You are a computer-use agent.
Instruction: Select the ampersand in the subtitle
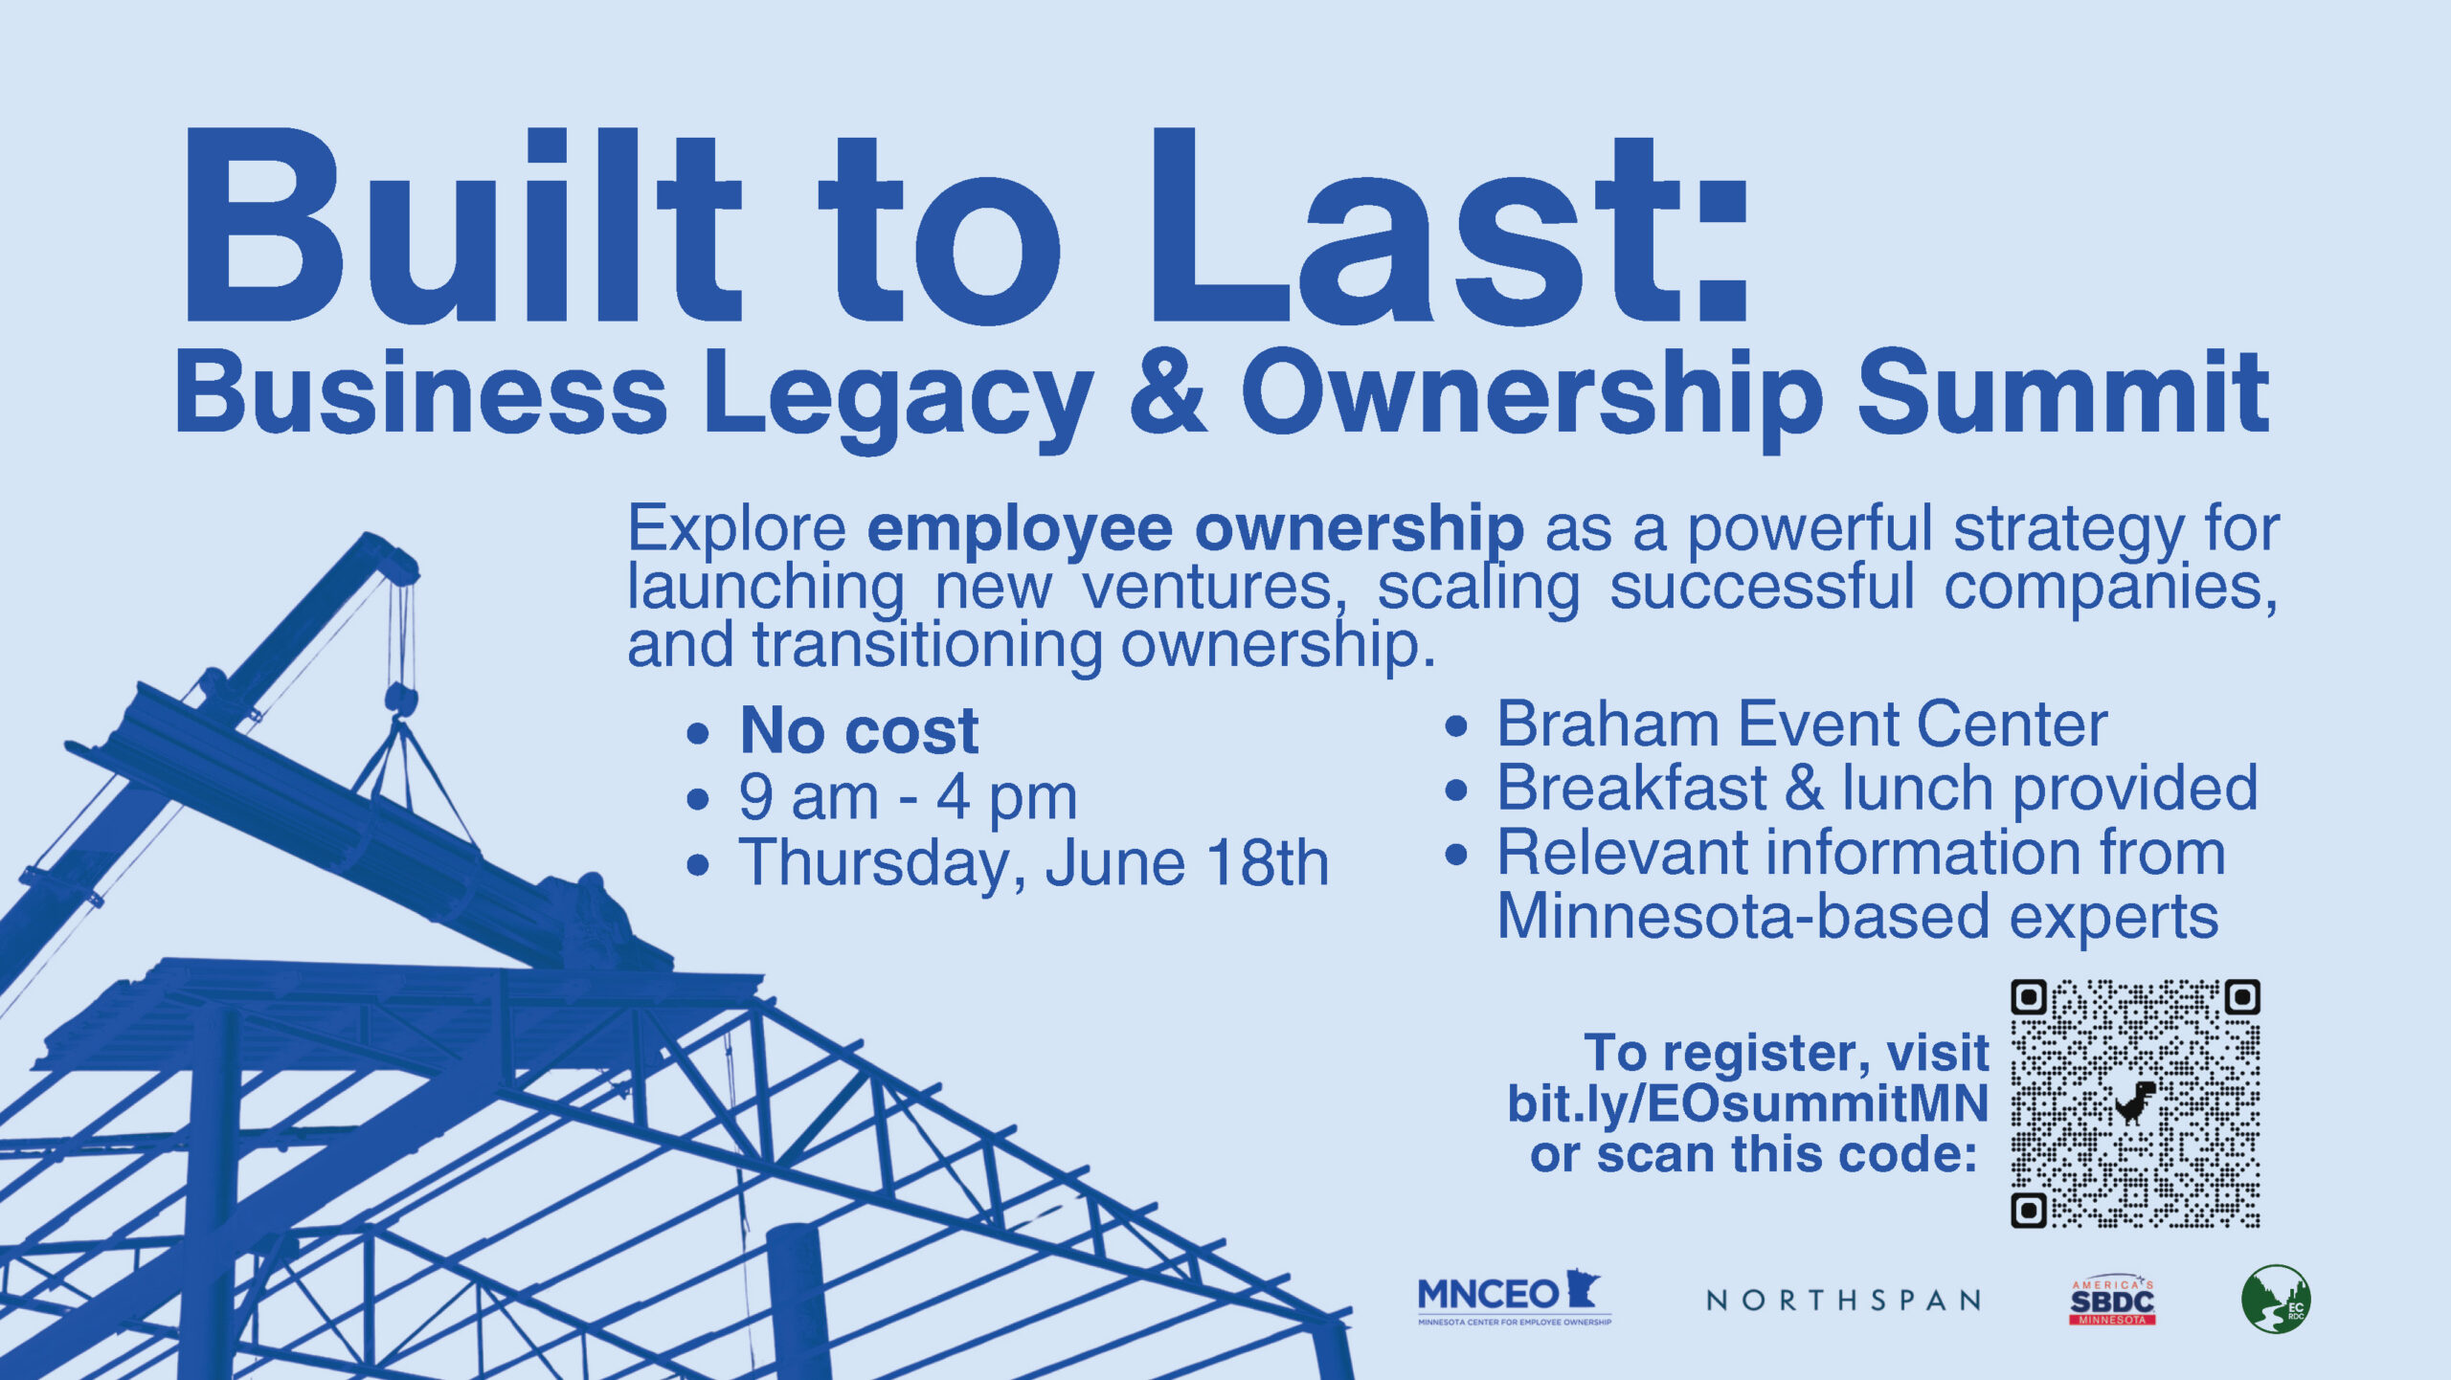click(x=1167, y=390)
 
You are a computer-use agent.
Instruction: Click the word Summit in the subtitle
click(x=2062, y=391)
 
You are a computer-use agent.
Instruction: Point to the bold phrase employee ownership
click(x=1195, y=528)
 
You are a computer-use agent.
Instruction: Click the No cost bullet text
click(x=859, y=730)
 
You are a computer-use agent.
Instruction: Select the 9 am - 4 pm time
click(x=908, y=796)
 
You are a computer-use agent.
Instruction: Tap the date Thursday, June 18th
click(x=1033, y=863)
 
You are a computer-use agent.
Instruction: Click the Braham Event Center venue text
click(x=1802, y=723)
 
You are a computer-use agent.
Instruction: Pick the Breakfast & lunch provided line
click(x=1877, y=789)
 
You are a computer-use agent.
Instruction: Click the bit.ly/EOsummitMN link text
click(x=1747, y=1103)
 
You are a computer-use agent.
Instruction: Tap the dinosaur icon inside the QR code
click(x=2135, y=1102)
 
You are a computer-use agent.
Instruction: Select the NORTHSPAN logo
click(x=1843, y=1300)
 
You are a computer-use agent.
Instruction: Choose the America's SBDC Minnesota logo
click(x=2112, y=1302)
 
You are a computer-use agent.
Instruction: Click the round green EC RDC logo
click(x=2276, y=1299)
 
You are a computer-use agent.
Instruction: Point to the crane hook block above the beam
click(x=401, y=700)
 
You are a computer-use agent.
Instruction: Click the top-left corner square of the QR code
click(x=2029, y=997)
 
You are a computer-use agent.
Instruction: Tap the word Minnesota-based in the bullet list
click(x=1743, y=917)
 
